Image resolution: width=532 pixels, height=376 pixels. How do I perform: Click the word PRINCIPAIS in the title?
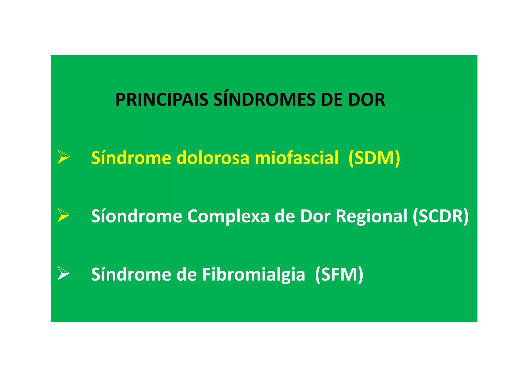[162, 100]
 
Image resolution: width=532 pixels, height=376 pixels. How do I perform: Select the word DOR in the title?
[367, 100]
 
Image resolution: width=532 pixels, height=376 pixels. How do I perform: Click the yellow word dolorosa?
[213, 158]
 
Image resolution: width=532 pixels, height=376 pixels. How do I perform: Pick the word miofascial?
[296, 158]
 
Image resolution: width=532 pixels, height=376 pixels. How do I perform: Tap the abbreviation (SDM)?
[374, 158]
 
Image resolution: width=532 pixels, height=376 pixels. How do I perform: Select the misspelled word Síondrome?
[136, 216]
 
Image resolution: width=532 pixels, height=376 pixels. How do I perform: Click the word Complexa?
[228, 216]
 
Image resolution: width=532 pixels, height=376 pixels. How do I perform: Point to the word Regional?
[371, 216]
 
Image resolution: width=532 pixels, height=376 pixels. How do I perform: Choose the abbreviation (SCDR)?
[441, 216]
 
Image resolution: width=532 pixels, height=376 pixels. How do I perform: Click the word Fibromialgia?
[253, 275]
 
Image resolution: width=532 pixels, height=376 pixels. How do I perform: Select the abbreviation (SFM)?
[339, 274]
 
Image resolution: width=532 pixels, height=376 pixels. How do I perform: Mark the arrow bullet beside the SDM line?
[63, 157]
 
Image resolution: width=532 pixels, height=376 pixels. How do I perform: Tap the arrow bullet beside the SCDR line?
[63, 215]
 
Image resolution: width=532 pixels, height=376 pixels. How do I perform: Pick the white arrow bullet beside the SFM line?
[63, 273]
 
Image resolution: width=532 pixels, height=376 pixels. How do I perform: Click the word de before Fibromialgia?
[186, 274]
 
